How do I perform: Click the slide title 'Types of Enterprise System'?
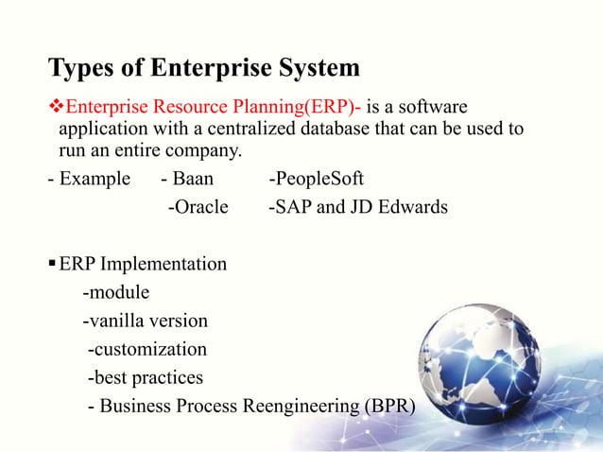pos(203,69)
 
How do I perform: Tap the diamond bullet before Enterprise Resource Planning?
pos(55,103)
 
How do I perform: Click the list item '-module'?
pos(115,292)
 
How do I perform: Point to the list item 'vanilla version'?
pos(148,321)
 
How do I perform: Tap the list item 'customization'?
pos(149,349)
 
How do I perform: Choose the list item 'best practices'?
pos(147,377)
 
